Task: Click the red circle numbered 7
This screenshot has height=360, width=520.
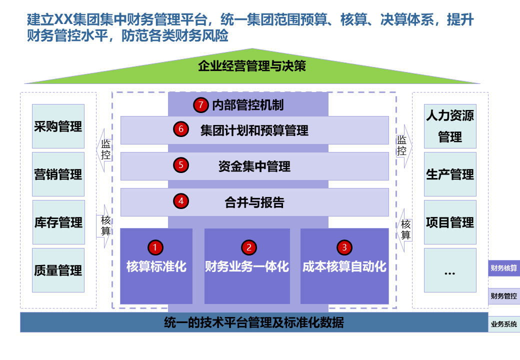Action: tap(200, 105)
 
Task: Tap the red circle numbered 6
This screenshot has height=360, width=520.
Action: tap(180, 129)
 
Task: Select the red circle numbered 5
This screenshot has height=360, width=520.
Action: tap(180, 165)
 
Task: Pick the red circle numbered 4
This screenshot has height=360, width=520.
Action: tap(180, 201)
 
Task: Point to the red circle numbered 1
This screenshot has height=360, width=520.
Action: tap(155, 247)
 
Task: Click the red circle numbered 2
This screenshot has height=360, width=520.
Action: tap(248, 247)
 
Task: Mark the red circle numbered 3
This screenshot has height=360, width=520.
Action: tap(344, 247)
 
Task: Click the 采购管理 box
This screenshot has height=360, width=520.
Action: tap(58, 126)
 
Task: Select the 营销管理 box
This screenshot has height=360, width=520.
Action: tap(58, 174)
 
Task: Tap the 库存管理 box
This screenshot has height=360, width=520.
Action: tap(58, 222)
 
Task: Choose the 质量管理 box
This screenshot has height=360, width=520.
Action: tap(58, 270)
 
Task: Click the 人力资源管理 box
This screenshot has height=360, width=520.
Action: tap(450, 126)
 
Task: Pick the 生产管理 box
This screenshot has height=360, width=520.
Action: tap(450, 174)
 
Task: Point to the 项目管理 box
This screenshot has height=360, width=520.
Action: tap(450, 222)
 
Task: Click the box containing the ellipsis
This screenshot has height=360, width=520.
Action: tap(450, 270)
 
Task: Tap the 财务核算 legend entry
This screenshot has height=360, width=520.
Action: tap(504, 268)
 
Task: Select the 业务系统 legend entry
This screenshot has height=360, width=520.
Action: tap(504, 324)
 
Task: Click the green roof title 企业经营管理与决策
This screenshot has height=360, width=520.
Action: tap(252, 66)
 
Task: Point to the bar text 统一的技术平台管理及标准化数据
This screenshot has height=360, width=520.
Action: tap(254, 322)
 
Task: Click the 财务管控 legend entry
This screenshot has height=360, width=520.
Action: tap(504, 296)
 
